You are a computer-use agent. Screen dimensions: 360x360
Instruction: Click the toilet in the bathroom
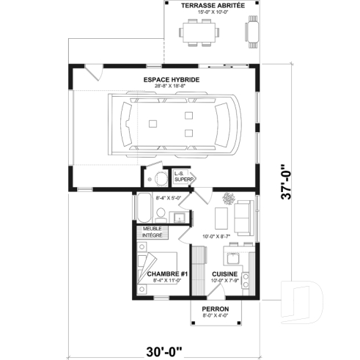160,213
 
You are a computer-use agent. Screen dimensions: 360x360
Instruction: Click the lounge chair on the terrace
253,32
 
